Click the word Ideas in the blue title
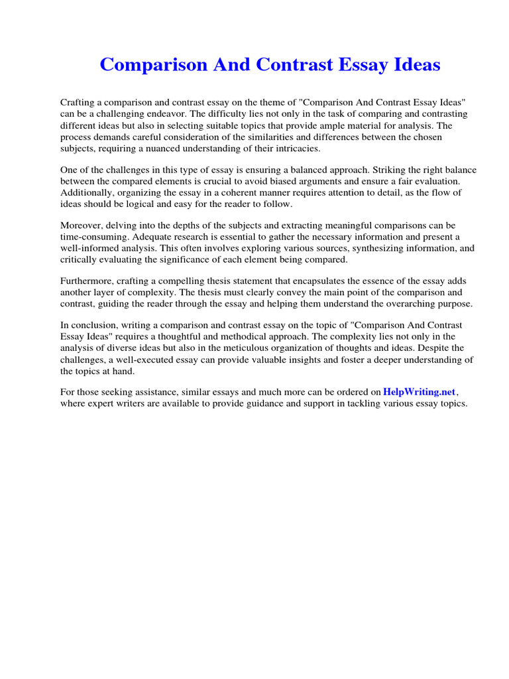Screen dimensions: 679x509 (412, 65)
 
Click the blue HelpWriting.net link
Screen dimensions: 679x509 (420, 392)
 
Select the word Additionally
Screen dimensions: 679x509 (85, 192)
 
